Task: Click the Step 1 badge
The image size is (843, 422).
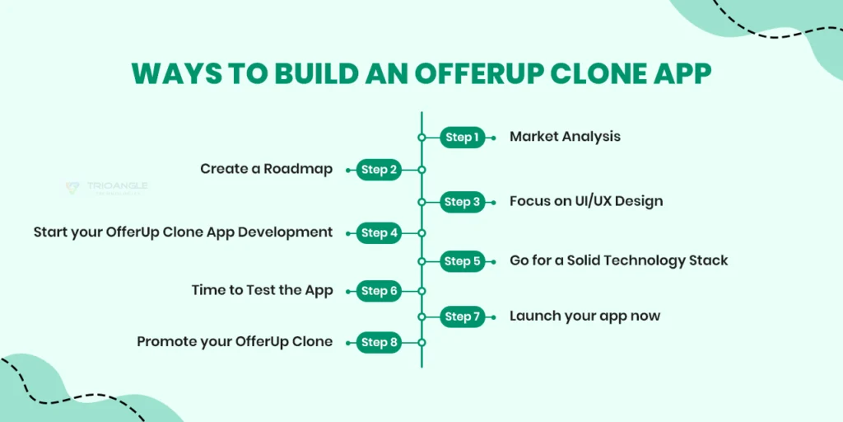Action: [463, 138]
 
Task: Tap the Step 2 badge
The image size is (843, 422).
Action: [379, 170]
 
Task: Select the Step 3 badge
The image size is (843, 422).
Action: [463, 202]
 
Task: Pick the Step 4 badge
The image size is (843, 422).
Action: [379, 233]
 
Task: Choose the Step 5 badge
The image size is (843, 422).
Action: [463, 261]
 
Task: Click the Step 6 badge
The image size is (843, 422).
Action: [379, 291]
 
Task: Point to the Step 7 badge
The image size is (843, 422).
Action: [463, 316]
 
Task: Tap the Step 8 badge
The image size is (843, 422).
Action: [379, 342]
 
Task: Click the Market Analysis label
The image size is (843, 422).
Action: [565, 137]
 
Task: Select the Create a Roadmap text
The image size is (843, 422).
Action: [266, 169]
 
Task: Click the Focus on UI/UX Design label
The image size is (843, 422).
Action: [585, 201]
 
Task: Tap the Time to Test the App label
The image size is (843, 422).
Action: [262, 290]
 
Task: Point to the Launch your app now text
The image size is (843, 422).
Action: [585, 316]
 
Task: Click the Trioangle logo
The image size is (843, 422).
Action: [106, 188]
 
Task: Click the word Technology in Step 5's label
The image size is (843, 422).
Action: [634, 260]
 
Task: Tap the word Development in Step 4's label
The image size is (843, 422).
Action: [285, 232]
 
